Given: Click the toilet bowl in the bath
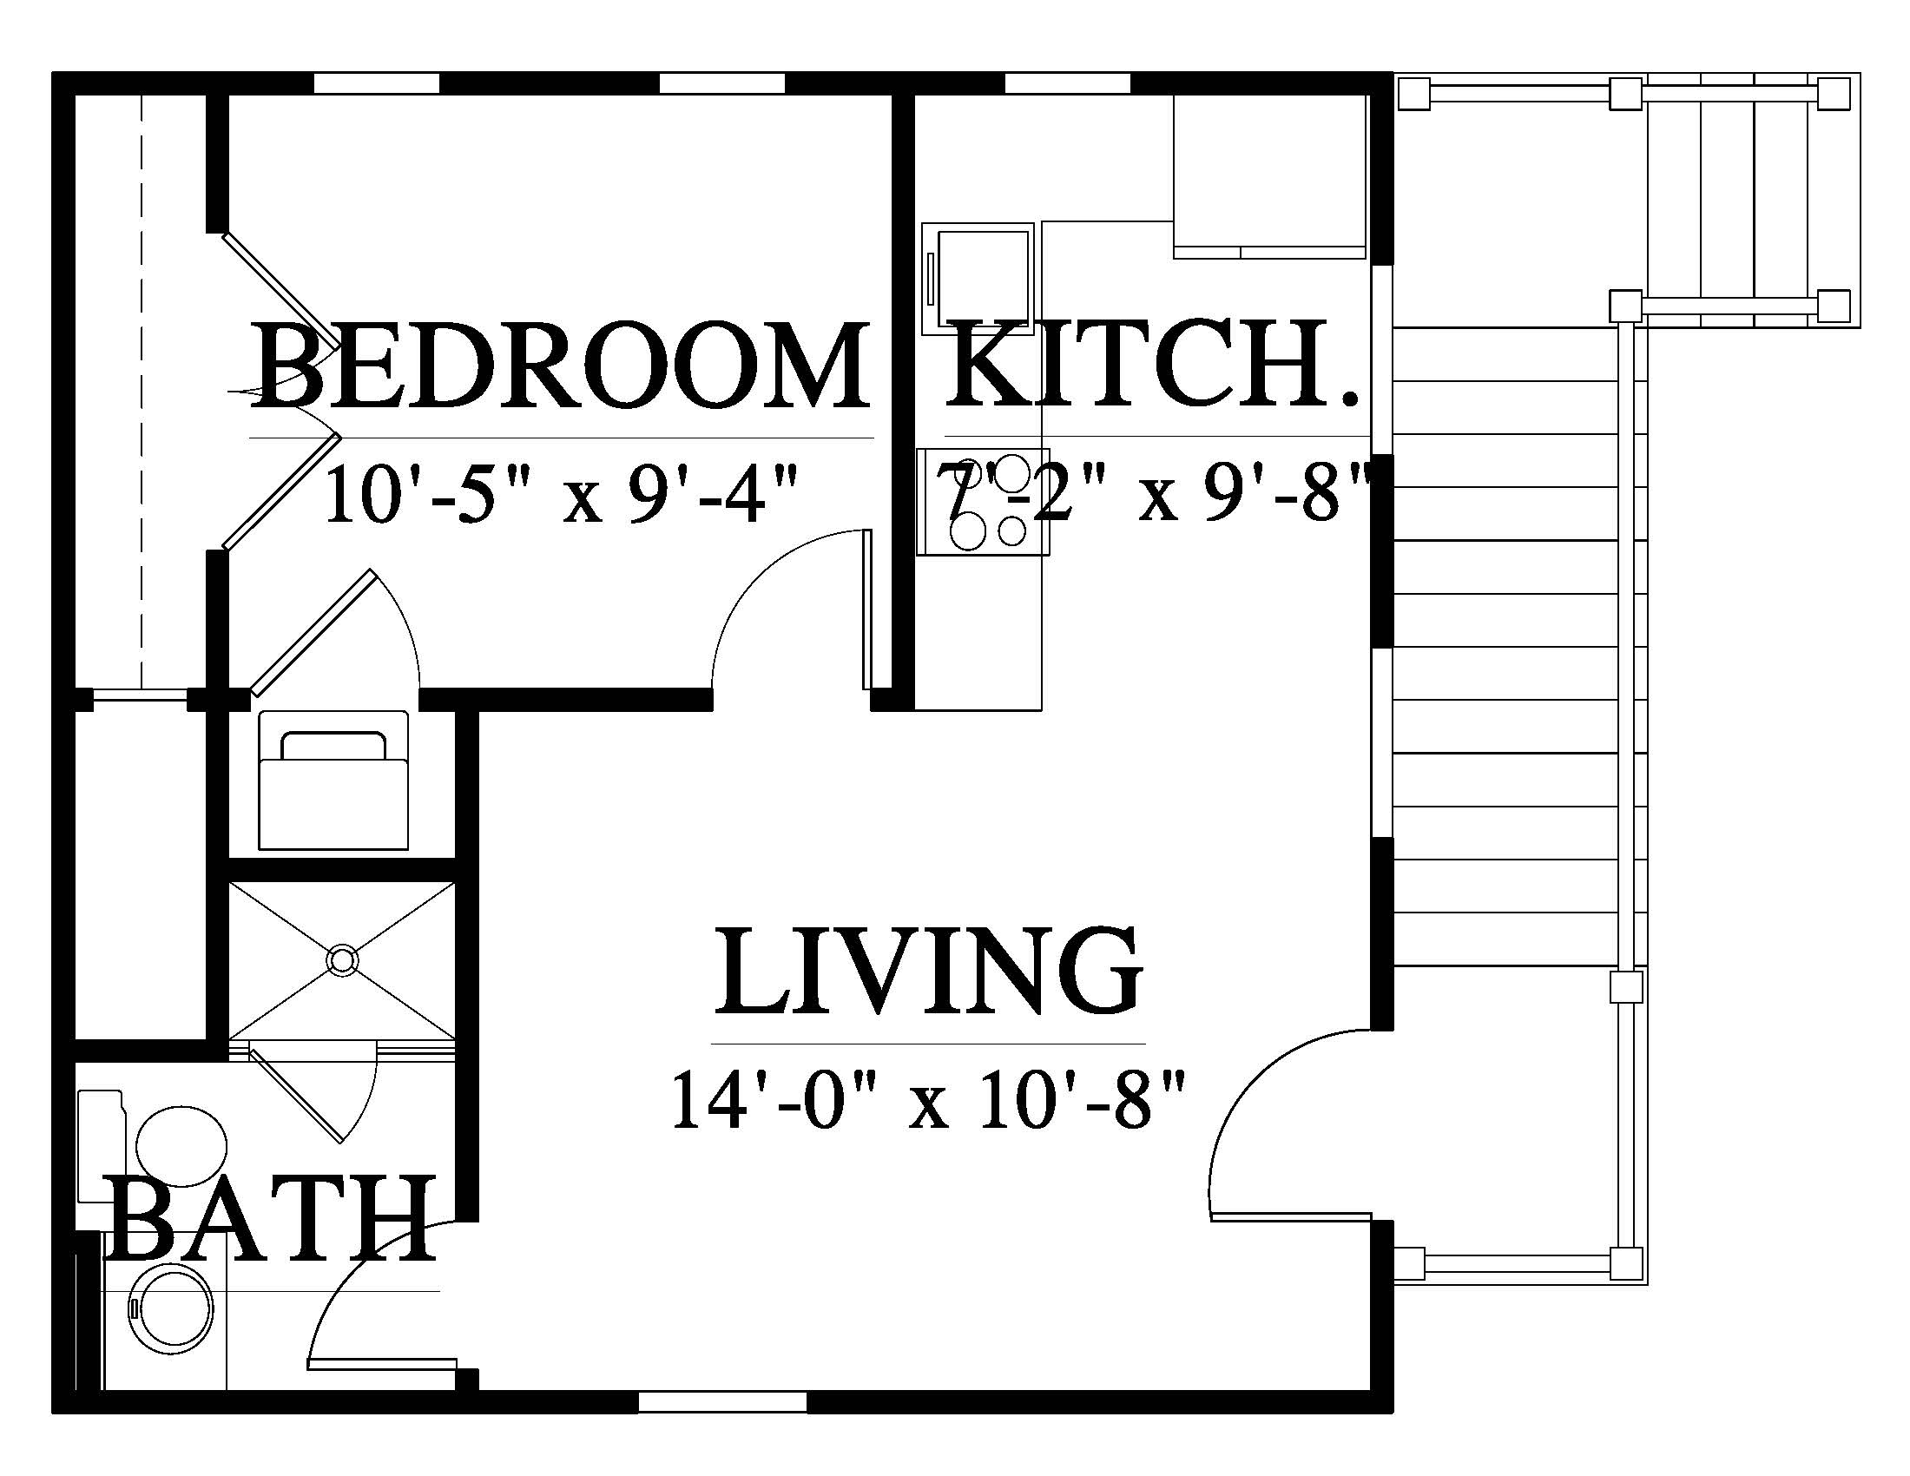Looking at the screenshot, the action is [x=182, y=1145].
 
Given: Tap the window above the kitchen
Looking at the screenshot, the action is [x=1069, y=83].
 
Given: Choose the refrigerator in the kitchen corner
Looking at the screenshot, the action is [x=1270, y=175].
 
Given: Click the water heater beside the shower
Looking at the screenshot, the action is [x=333, y=779].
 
